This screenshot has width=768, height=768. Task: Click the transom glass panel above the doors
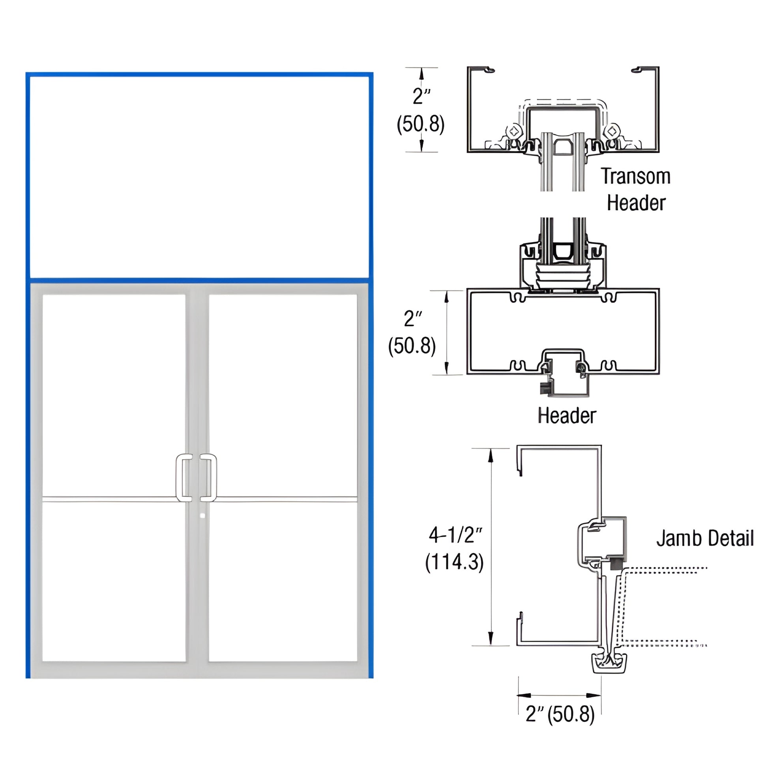click(199, 177)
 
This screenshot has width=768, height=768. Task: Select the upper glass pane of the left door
click(114, 395)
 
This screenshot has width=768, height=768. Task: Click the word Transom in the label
click(635, 176)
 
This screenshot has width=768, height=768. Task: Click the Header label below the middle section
click(566, 416)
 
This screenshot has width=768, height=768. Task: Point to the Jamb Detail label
click(704, 539)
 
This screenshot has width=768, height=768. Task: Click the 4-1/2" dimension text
click(455, 536)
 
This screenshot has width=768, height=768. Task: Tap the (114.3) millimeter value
click(454, 562)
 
